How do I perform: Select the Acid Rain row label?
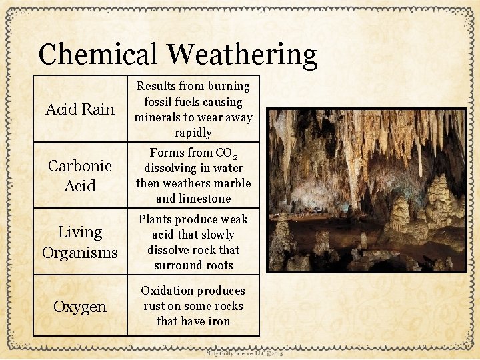click(x=80, y=109)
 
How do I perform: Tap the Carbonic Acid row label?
click(x=80, y=175)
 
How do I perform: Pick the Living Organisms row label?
click(x=80, y=242)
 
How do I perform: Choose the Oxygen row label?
click(x=80, y=307)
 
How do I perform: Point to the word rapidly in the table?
click(x=193, y=133)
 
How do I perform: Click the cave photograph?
click(x=367, y=190)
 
